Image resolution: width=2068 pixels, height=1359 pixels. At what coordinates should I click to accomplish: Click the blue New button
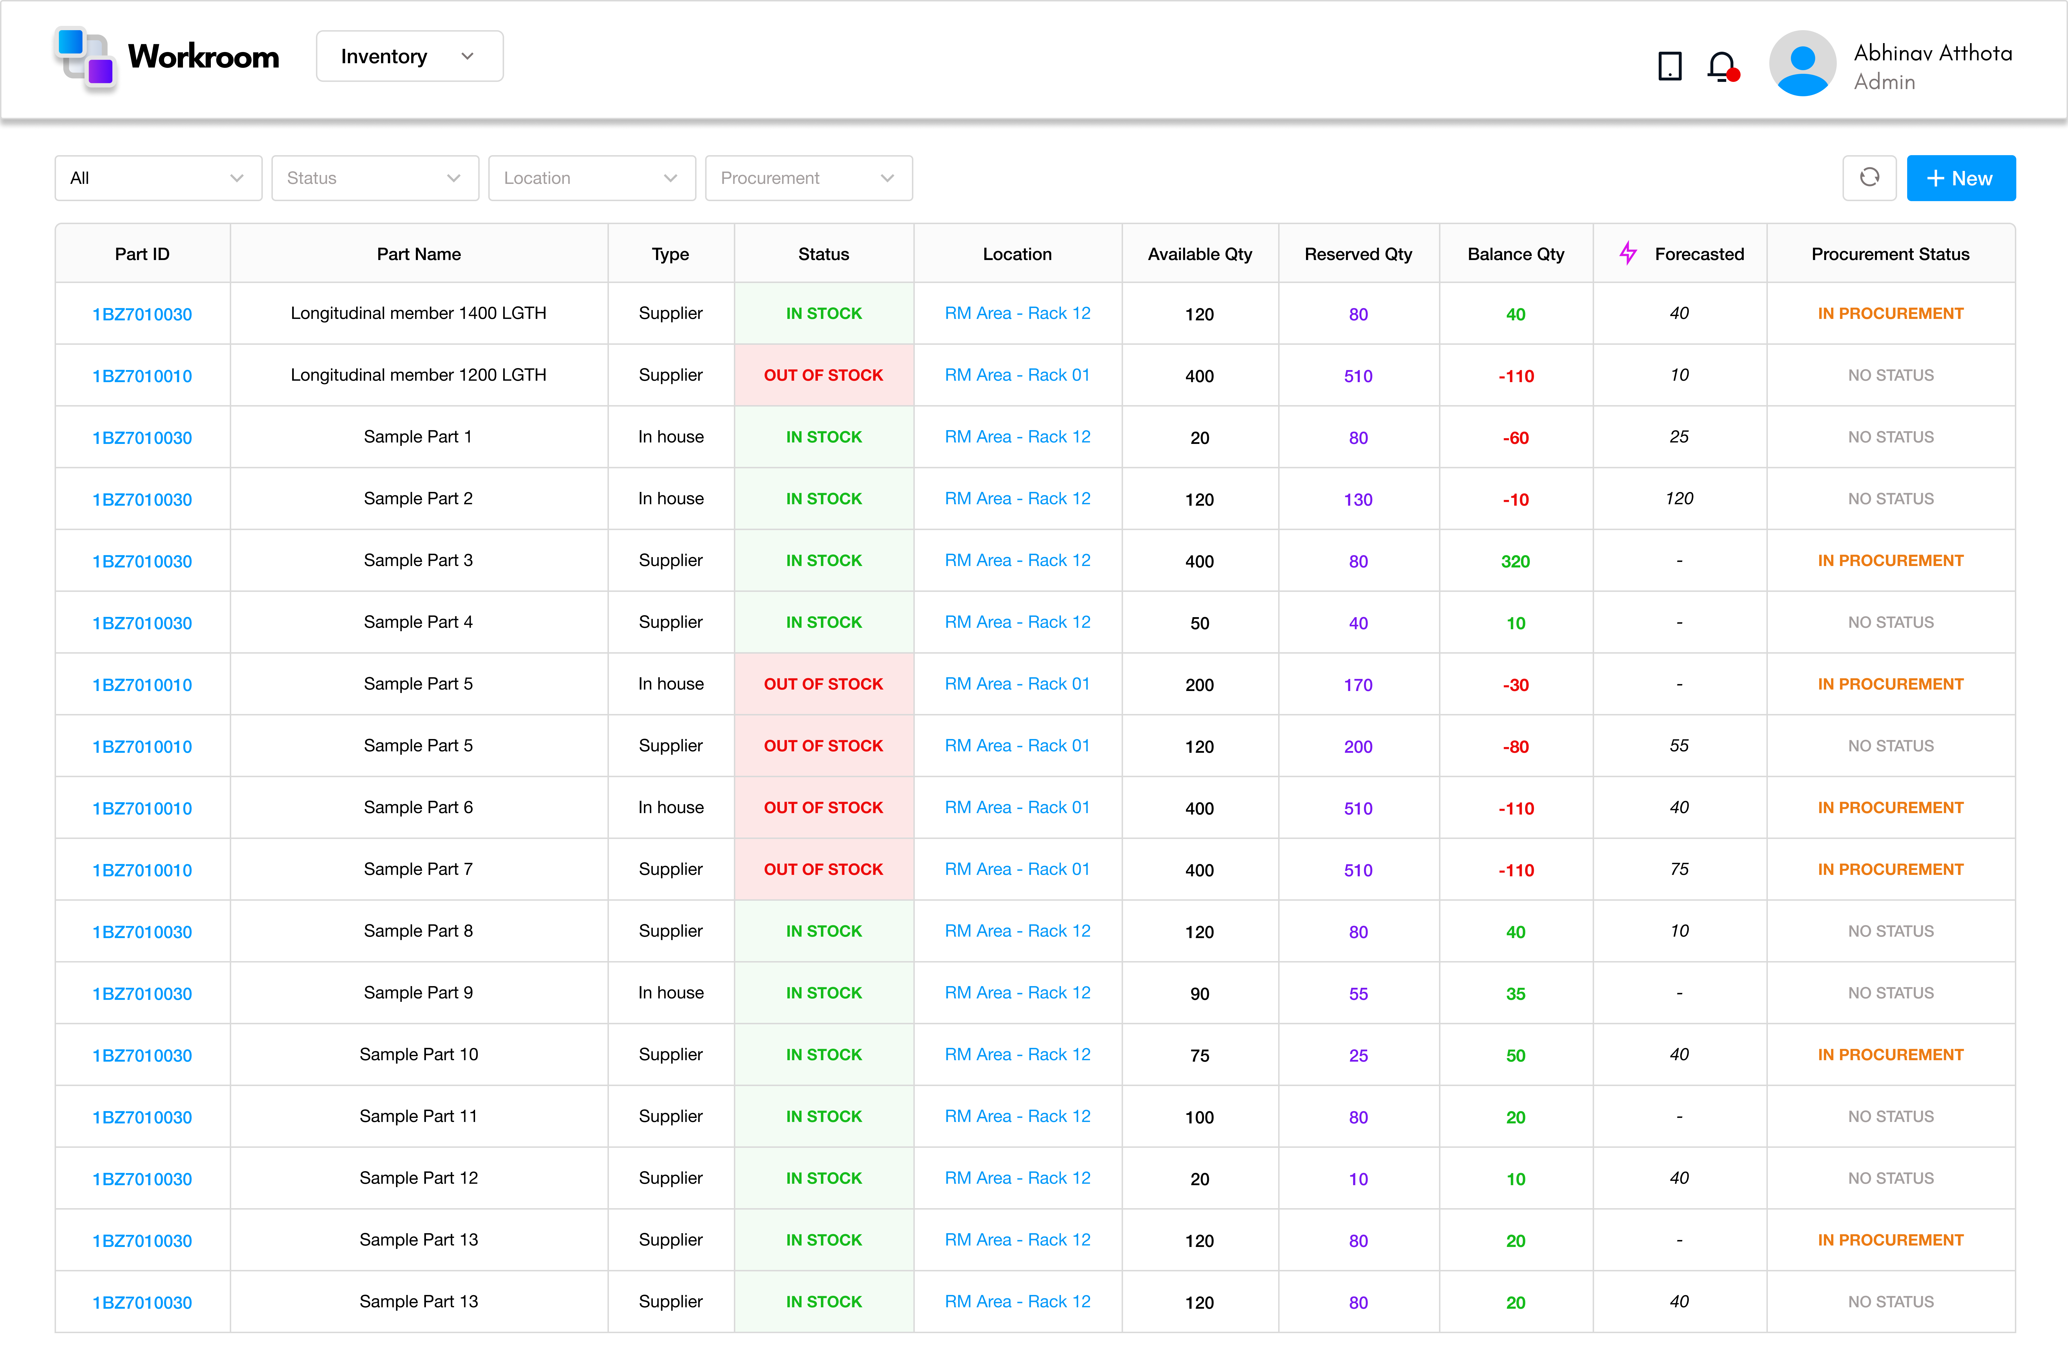point(1960,178)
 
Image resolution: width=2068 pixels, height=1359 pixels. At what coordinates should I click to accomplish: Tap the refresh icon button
point(1869,178)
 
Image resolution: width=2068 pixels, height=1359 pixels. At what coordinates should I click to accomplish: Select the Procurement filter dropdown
point(808,178)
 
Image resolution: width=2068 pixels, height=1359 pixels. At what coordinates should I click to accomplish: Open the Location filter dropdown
point(591,178)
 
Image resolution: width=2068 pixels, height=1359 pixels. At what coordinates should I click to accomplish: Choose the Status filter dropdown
point(375,178)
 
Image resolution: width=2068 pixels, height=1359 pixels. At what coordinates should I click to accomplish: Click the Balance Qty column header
point(1515,254)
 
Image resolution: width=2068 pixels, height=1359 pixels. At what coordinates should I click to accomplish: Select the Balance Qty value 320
point(1515,561)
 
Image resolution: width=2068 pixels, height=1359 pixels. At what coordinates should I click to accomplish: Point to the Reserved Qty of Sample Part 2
point(1358,500)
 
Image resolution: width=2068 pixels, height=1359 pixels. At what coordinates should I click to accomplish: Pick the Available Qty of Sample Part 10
point(1199,1056)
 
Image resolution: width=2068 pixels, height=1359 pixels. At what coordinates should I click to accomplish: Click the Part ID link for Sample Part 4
point(142,623)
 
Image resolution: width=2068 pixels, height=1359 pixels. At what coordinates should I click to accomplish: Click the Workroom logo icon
point(85,57)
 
